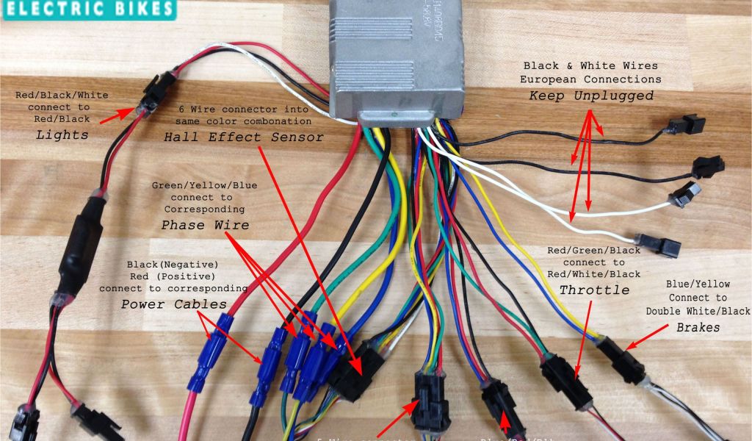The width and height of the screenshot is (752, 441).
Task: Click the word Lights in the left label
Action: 62,135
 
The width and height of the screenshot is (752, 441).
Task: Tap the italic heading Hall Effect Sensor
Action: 243,137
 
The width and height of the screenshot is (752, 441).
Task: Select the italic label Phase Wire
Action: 205,225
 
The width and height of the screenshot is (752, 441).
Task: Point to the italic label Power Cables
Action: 174,304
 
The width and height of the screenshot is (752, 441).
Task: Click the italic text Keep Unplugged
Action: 591,96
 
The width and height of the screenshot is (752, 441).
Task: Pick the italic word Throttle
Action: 594,290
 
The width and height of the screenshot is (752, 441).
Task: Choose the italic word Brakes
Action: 698,327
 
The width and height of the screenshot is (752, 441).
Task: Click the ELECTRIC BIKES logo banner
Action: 88,10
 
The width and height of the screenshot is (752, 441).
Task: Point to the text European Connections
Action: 591,79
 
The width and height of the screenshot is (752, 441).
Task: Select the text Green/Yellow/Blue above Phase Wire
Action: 204,185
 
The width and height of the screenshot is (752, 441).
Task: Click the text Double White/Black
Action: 698,311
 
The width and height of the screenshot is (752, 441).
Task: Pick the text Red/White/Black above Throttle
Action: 594,274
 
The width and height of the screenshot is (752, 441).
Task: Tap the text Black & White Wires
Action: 591,65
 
